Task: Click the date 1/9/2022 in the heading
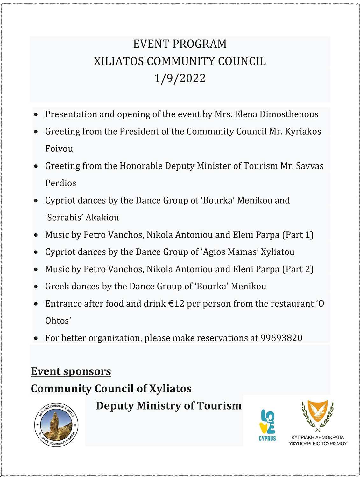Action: (180, 79)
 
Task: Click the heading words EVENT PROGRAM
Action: (180, 44)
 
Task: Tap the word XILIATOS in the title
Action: (119, 61)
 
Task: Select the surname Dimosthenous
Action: (289, 114)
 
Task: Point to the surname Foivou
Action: (59, 149)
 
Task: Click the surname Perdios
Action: (60, 183)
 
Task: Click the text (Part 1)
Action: (298, 235)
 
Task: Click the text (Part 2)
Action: (298, 269)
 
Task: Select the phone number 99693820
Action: (281, 338)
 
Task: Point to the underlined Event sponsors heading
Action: (71, 371)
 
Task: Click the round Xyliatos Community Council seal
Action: (56, 424)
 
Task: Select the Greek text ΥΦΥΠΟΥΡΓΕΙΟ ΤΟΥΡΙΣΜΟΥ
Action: (318, 444)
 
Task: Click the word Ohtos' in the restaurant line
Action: (58, 321)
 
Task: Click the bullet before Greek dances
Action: (36, 287)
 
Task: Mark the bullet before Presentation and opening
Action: (36, 114)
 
